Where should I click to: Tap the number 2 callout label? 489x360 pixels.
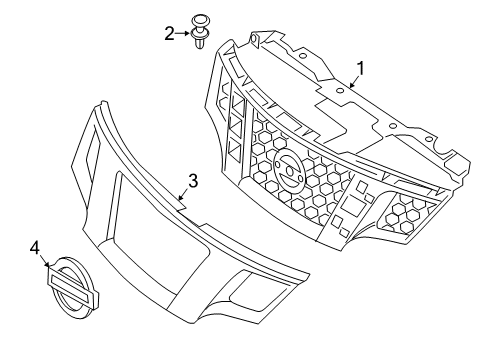(x=169, y=33)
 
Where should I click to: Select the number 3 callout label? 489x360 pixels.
(x=193, y=181)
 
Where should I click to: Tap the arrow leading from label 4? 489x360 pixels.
(x=45, y=259)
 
